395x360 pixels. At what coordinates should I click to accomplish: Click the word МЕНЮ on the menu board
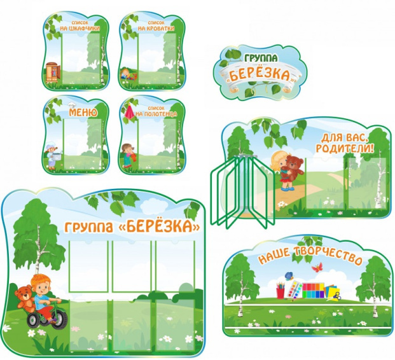click(x=83, y=113)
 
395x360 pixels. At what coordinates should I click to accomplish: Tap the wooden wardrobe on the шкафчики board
click(x=53, y=73)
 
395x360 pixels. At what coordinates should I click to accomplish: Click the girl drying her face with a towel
click(x=128, y=155)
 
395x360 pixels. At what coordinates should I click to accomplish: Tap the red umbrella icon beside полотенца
click(x=130, y=112)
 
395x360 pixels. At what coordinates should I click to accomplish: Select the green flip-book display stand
click(x=242, y=190)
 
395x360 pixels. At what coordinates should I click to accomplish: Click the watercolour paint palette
click(x=295, y=290)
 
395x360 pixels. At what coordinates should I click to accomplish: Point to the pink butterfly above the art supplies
click(x=317, y=267)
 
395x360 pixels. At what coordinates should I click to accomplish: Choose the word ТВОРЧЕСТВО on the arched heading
click(x=328, y=256)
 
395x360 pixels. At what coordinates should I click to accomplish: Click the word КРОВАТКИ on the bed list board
click(x=156, y=28)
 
